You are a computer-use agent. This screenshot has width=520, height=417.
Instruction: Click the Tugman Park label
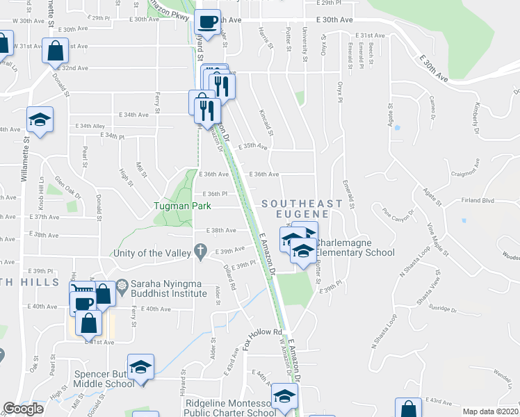[177, 206]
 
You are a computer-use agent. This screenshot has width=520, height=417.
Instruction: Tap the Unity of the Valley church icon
[201, 250]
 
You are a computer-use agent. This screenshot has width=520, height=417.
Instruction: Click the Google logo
[23, 409]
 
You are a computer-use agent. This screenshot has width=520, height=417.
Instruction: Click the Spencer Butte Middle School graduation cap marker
[140, 367]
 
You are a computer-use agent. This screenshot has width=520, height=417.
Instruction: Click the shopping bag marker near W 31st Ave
[55, 50]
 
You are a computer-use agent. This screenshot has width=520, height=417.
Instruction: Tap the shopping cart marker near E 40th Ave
[82, 291]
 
